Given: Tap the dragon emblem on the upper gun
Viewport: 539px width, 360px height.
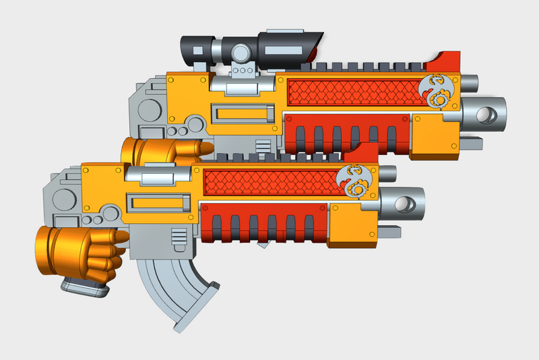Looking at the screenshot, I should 437,91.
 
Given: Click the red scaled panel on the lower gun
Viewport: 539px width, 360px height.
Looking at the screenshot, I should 269,182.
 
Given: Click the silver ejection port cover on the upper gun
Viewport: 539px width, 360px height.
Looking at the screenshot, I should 243,85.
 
